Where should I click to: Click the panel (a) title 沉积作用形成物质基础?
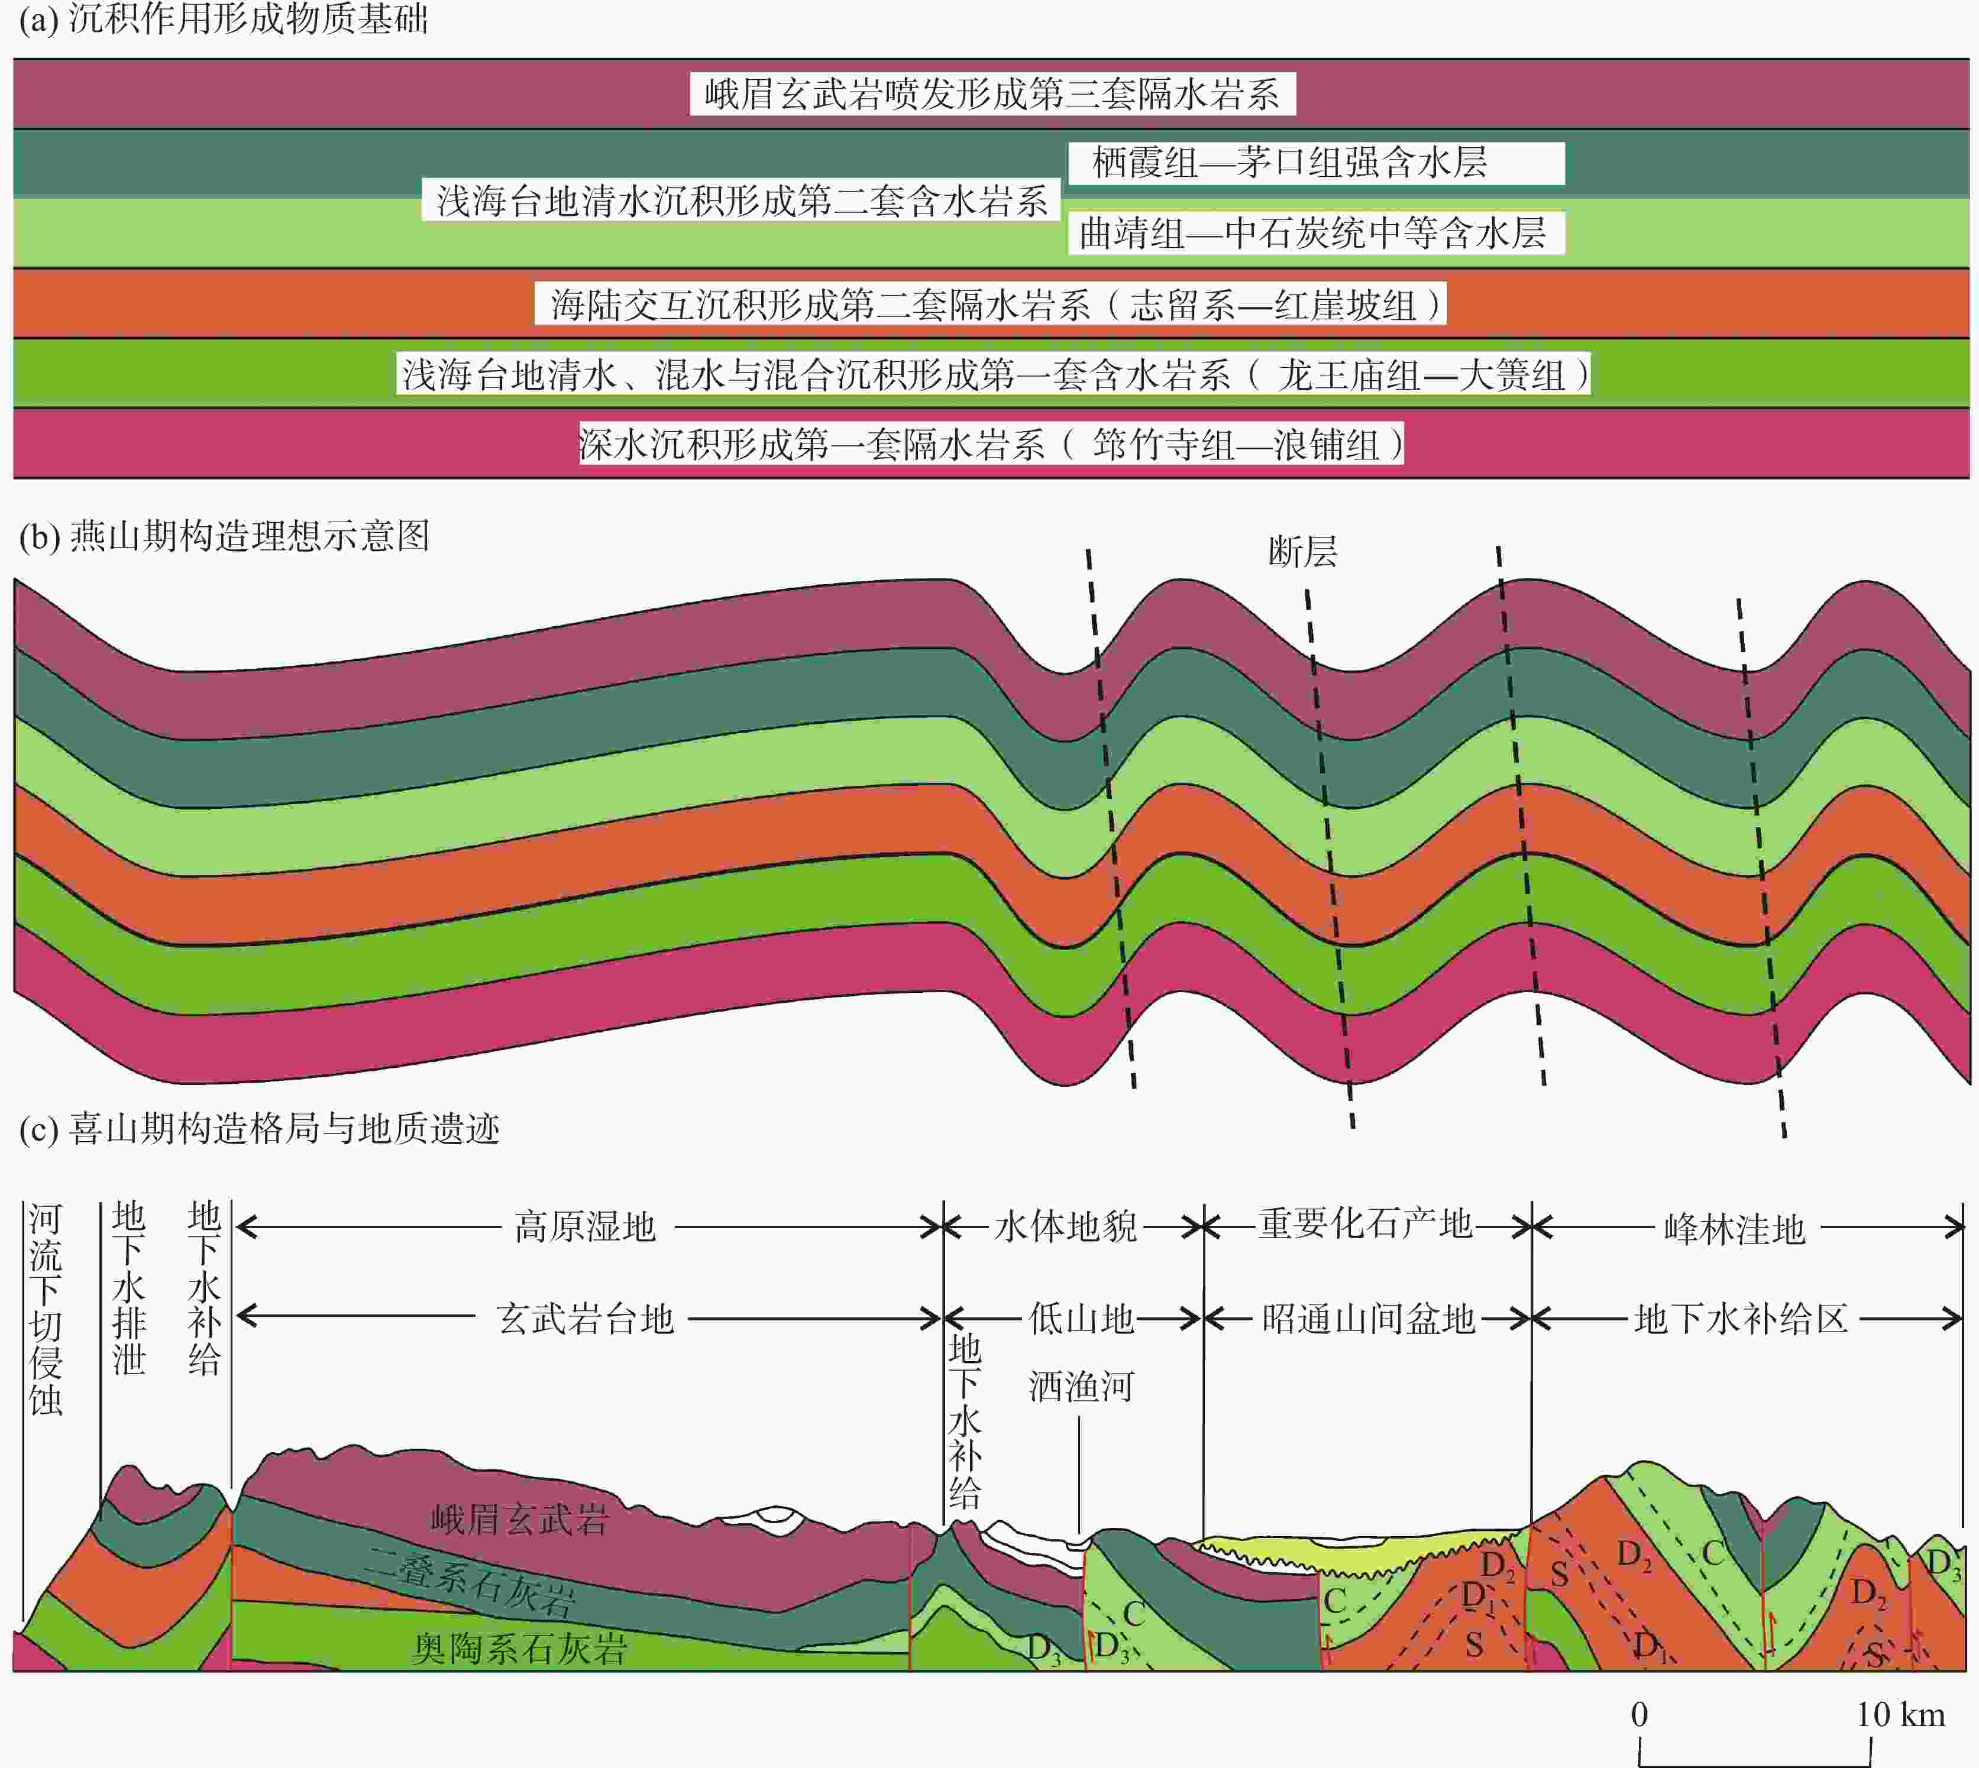[248, 20]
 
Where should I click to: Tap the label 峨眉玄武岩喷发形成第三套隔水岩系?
[992, 94]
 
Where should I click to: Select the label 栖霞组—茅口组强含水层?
[1289, 162]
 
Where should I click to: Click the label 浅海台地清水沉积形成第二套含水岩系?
[741, 200]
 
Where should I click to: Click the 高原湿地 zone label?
[585, 1227]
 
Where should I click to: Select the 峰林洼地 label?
[1734, 1229]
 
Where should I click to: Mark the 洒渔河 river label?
[1081, 1386]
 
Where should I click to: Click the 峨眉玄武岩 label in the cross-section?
[520, 1519]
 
